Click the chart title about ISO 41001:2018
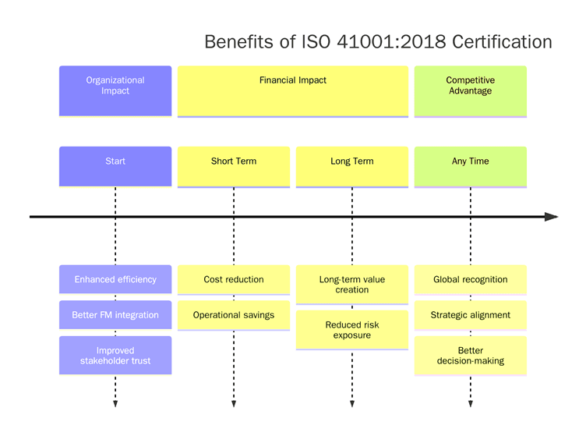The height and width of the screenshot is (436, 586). [x=378, y=41]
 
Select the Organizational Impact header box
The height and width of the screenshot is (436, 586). [x=115, y=90]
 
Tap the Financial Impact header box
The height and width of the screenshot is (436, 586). [x=293, y=90]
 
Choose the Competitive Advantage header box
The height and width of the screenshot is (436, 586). [x=471, y=90]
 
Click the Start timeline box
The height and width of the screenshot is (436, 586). [x=115, y=166]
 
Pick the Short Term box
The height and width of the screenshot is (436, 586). [x=234, y=166]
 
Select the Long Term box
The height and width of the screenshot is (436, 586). [x=352, y=166]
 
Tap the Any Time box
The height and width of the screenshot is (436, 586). [x=471, y=166]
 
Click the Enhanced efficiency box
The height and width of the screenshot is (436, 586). [x=115, y=279]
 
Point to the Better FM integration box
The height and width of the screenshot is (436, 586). [x=115, y=315]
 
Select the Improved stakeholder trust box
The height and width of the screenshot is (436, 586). [x=115, y=355]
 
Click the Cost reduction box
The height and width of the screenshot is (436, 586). [x=234, y=279]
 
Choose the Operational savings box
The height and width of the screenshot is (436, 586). [x=234, y=315]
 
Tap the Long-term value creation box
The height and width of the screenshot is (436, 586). [x=352, y=284]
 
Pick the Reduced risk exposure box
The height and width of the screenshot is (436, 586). [x=352, y=329]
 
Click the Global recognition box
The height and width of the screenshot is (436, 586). [x=471, y=279]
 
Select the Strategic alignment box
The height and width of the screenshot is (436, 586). [x=471, y=315]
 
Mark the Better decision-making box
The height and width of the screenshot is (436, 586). [x=471, y=356]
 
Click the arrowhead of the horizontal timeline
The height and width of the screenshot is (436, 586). [x=552, y=217]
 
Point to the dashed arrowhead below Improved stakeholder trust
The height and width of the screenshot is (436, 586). [x=115, y=403]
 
